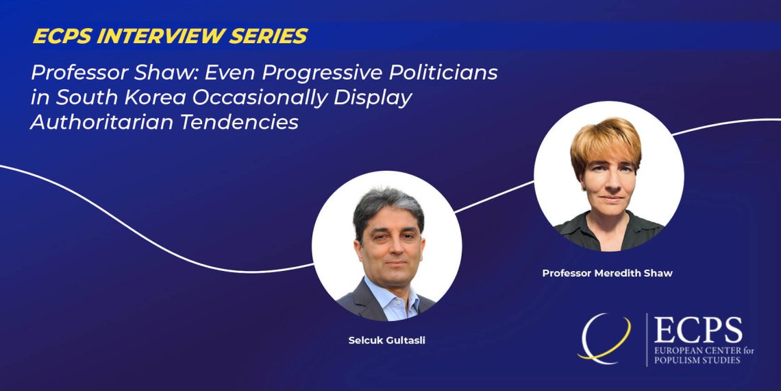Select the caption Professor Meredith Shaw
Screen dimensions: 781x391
point(607,273)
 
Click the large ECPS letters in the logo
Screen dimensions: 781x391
point(698,330)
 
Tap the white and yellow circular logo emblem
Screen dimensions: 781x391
point(604,338)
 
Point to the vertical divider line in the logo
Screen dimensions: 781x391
point(647,340)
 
